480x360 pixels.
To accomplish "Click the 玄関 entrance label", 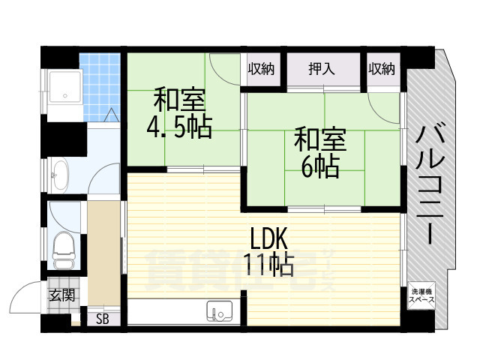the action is (x=62, y=295).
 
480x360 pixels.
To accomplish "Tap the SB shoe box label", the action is (x=102, y=319).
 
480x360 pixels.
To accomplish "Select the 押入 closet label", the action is (x=322, y=69).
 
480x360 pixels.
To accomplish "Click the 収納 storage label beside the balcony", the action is (x=382, y=69).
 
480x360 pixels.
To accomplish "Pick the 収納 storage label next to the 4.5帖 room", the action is (x=261, y=69).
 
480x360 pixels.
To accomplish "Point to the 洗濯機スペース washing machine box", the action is (x=421, y=295).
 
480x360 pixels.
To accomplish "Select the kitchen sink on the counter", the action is (x=220, y=311).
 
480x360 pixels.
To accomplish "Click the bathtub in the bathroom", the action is (x=65, y=87).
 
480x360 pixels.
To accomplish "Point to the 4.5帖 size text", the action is (x=179, y=127).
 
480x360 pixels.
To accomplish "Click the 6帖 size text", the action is (x=320, y=167).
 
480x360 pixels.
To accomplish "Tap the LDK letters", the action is (x=269, y=238).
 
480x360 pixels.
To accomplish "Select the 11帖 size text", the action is (x=268, y=265).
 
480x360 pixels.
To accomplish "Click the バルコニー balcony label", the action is (x=430, y=184).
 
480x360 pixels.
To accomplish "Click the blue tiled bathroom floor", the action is (x=100, y=87).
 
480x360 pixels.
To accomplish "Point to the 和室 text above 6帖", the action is (x=320, y=140).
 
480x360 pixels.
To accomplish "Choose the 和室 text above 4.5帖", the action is (x=180, y=100).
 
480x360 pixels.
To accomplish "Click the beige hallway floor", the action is (x=103, y=253).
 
